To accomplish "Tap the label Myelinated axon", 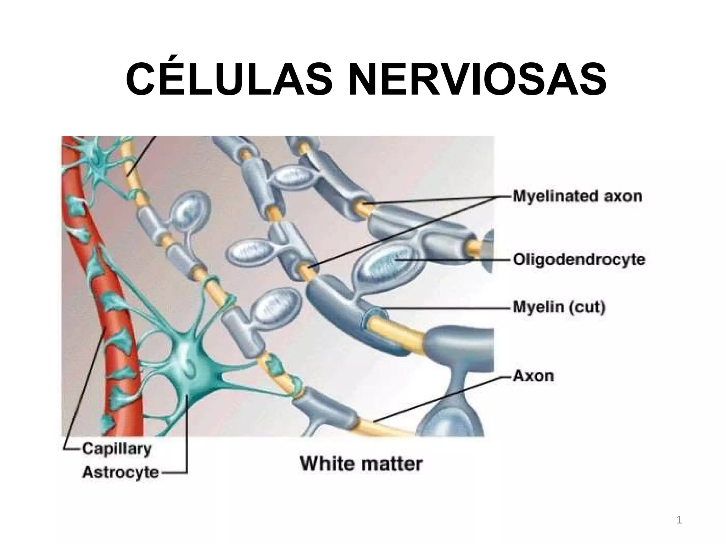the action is click(x=577, y=196).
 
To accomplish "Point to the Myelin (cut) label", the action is click(x=559, y=307).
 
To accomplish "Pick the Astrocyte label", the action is click(x=120, y=472).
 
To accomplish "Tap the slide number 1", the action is click(x=679, y=520).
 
